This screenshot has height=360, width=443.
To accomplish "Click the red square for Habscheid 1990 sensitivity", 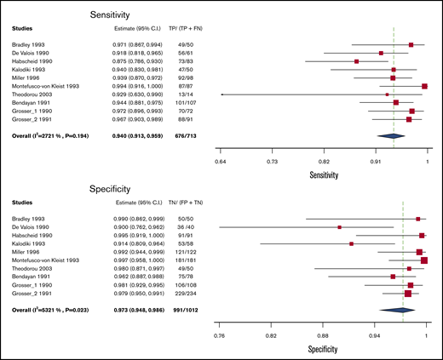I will (356, 61).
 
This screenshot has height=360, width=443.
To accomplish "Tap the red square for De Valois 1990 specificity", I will (340, 227).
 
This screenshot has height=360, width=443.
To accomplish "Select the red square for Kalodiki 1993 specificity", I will (351, 243).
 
